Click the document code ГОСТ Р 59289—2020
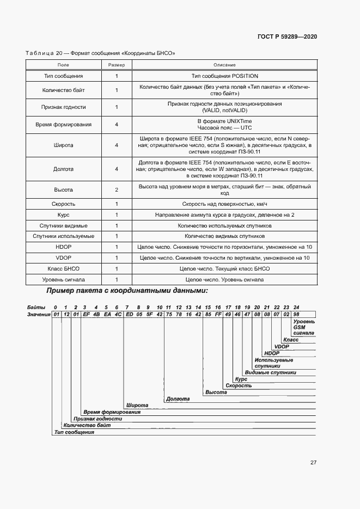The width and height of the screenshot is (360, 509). click(x=287, y=36)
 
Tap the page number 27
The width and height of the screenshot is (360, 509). click(x=313, y=462)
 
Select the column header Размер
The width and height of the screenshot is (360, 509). click(x=117, y=65)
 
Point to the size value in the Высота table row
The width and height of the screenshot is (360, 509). click(x=117, y=190)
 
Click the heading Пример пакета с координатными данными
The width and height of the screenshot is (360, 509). click(x=127, y=291)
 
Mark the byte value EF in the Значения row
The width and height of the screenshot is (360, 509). click(x=86, y=314)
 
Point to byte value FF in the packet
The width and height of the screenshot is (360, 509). click(x=218, y=314)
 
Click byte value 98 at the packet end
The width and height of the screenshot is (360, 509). click(x=296, y=314)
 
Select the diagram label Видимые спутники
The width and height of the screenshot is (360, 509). click(x=271, y=372)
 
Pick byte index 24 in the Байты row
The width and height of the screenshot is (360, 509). click(x=296, y=307)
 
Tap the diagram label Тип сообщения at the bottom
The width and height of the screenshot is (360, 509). click(x=75, y=432)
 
